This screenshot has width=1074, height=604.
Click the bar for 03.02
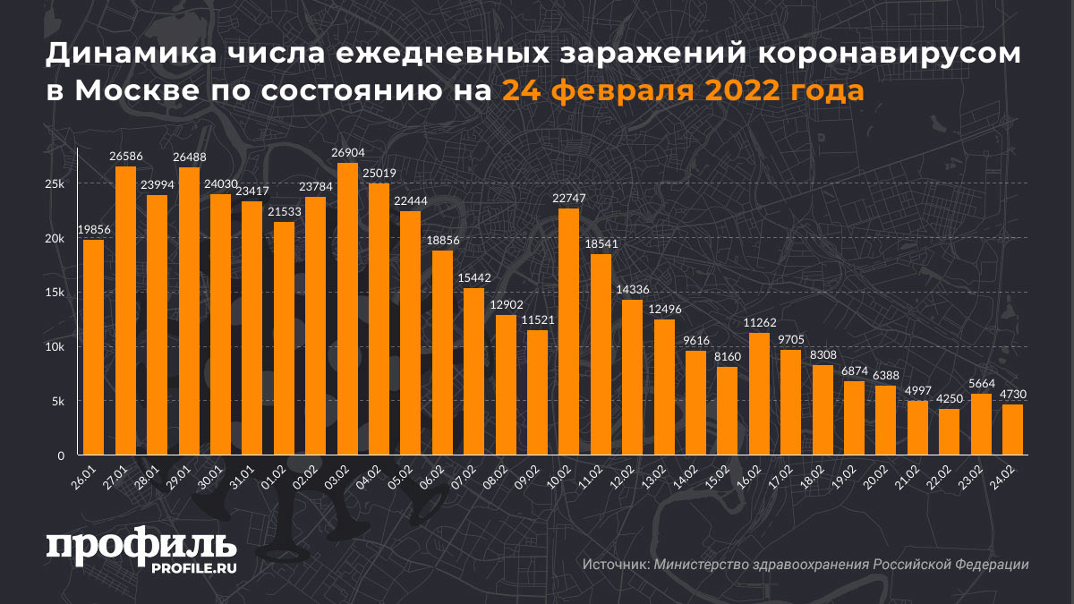click(x=347, y=309)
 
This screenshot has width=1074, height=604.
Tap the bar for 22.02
click(x=949, y=432)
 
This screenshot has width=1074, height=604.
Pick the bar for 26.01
click(x=93, y=347)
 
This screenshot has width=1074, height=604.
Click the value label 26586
click(x=125, y=157)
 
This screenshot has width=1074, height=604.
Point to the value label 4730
click(x=1013, y=395)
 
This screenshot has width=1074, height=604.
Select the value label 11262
click(x=759, y=323)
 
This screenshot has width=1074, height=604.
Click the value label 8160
click(x=728, y=357)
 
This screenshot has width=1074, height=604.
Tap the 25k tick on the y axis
click(x=55, y=184)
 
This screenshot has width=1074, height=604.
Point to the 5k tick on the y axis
click(x=57, y=402)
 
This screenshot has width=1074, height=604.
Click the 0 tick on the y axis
click(x=61, y=456)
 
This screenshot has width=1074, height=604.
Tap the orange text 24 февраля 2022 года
click(x=682, y=90)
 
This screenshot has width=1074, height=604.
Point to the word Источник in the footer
click(x=616, y=565)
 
